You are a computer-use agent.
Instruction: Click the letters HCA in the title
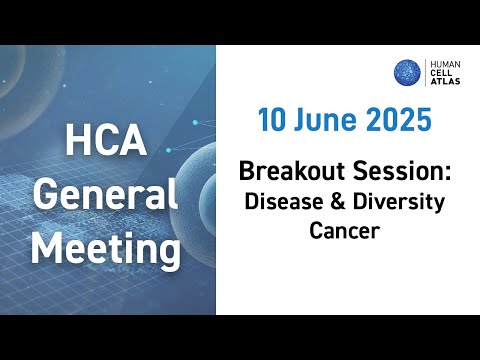[106, 143]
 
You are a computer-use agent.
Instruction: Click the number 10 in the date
[273, 121]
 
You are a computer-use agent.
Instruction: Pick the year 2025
[397, 121]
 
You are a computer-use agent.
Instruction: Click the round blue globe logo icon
[407, 72]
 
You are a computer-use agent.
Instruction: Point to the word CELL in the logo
[441, 73]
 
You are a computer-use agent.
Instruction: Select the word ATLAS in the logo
[443, 84]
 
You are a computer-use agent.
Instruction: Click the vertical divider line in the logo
[426, 72]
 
